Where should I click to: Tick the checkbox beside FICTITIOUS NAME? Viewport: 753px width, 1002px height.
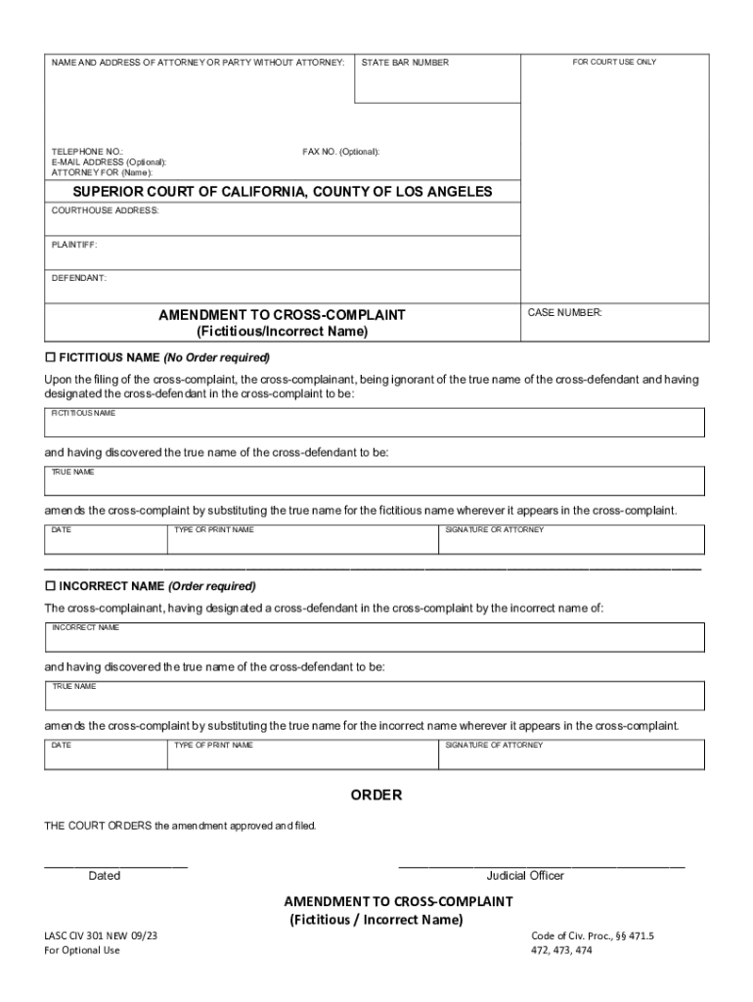point(51,357)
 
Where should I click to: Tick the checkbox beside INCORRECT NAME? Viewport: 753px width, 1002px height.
point(51,586)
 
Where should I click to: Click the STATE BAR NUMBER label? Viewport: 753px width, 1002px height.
point(405,63)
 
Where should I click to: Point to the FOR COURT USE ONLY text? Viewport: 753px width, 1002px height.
point(614,63)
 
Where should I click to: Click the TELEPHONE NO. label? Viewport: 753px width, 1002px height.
point(87,152)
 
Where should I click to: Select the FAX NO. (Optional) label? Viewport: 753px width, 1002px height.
point(341,152)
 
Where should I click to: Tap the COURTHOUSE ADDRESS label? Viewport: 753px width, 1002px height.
point(105,210)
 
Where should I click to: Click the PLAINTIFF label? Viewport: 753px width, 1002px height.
point(74,245)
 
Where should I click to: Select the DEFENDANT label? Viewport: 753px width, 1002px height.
point(79,279)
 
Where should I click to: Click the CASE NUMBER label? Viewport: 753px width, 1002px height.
point(565,313)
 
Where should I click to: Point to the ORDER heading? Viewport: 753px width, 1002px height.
point(376,796)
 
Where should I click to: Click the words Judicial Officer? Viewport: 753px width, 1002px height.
point(525,876)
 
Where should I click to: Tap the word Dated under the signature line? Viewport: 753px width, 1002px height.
point(105,876)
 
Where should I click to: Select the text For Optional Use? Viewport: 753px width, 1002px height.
point(82,950)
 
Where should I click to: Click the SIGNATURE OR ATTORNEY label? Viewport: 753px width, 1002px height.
point(495,529)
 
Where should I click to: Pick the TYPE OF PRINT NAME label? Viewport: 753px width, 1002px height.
point(213,745)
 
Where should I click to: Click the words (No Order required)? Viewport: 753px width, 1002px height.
point(216,357)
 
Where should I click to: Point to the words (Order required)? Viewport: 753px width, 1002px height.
point(212,586)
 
